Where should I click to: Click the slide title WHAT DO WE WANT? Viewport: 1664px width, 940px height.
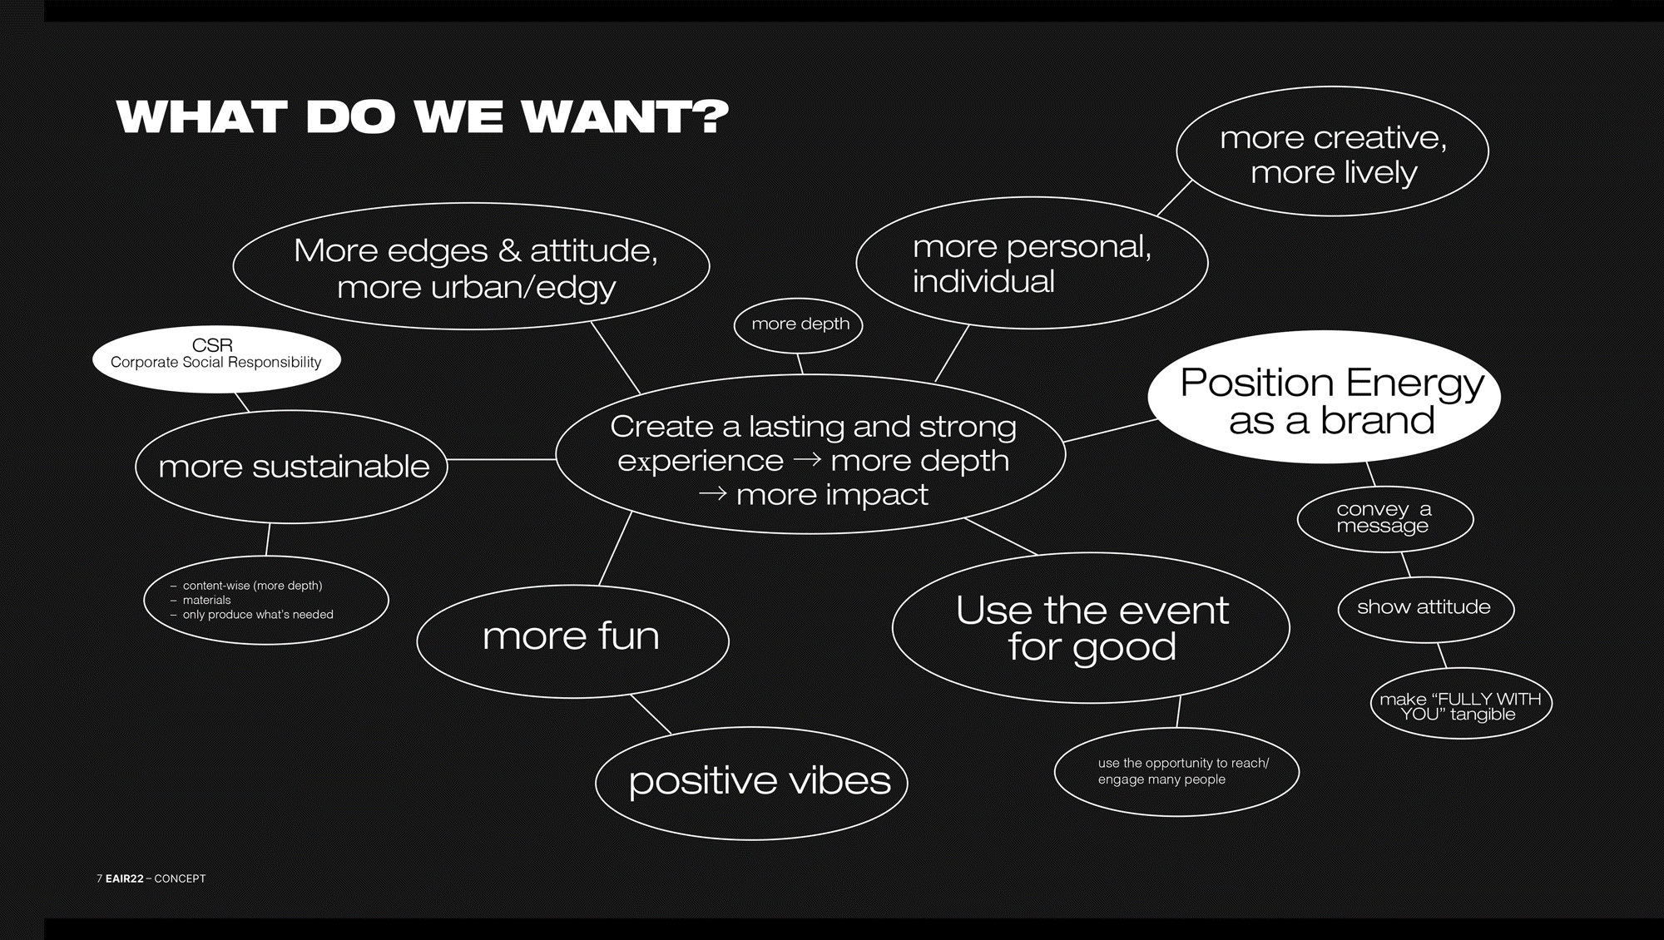[x=422, y=117]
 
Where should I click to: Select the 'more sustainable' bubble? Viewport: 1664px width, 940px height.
[x=292, y=467]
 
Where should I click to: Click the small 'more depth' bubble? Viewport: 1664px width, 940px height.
[x=799, y=324]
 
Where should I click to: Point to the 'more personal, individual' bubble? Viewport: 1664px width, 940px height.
[x=1031, y=264]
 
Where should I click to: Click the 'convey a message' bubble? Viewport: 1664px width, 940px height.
[x=1384, y=518]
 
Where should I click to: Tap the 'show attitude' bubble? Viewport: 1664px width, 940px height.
[x=1425, y=608]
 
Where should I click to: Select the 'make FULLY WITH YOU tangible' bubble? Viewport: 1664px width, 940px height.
[x=1460, y=705]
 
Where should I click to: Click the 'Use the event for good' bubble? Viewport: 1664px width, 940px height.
[x=1091, y=628]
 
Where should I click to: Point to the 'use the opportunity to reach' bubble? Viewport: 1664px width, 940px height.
[x=1176, y=771]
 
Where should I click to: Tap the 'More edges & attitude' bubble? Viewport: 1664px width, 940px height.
[x=472, y=268]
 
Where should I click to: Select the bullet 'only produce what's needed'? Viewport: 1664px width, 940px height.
[x=258, y=615]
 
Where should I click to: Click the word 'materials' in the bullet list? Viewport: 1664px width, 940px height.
[x=206, y=600]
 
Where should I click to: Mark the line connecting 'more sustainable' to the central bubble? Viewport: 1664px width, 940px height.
[x=502, y=459]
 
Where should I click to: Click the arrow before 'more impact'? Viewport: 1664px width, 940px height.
[x=712, y=495]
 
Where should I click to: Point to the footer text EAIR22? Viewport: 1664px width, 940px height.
[x=125, y=878]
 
